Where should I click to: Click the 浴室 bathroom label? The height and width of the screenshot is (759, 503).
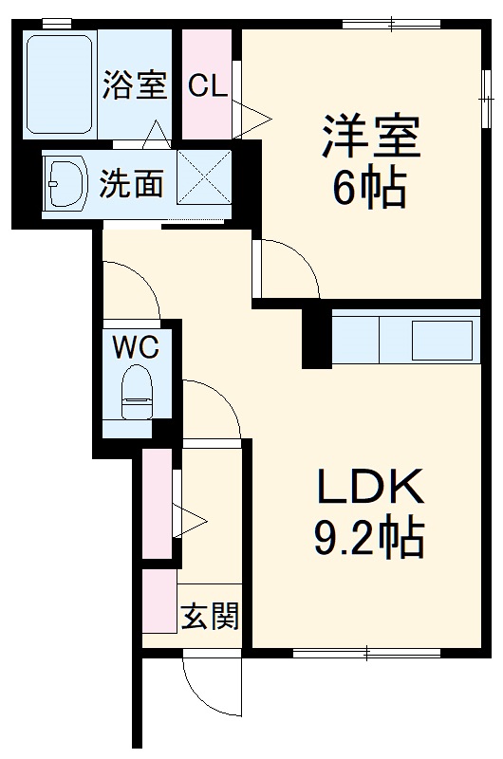click(134, 85)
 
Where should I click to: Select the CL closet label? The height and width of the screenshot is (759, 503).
click(207, 86)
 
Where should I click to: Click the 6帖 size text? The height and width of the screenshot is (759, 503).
click(369, 189)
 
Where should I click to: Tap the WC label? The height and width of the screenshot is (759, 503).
click(137, 346)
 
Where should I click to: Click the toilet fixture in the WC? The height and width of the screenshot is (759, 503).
click(138, 393)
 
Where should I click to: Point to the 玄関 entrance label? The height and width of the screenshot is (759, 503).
click(210, 616)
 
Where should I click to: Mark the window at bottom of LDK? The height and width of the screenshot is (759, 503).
click(365, 653)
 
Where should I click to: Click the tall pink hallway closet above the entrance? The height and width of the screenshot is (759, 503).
click(157, 503)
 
